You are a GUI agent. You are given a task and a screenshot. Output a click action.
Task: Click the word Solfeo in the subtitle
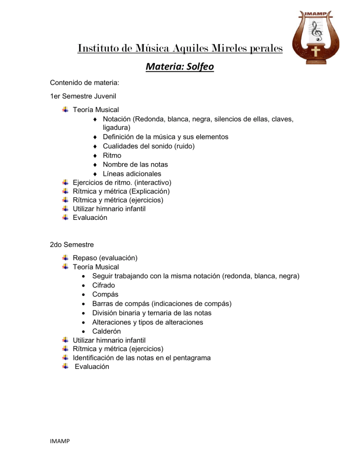[x=199, y=67]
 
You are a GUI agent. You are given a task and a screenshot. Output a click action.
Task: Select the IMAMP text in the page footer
[x=61, y=454]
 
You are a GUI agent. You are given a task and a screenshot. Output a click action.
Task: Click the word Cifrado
[x=104, y=285]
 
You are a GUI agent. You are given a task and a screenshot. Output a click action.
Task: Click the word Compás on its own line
[x=105, y=294]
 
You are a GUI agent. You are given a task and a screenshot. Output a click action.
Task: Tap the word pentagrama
[x=189, y=358]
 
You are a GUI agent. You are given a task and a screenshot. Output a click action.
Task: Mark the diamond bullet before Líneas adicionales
[x=95, y=173]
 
